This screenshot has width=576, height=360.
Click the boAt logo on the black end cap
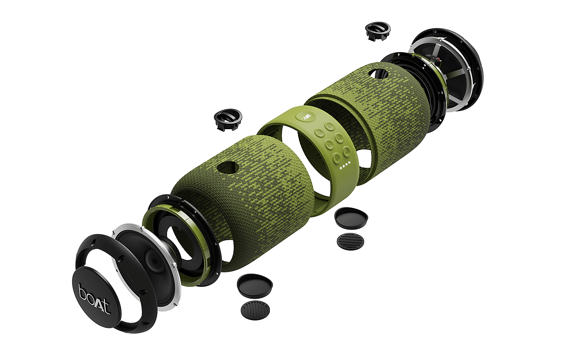(x=94, y=299)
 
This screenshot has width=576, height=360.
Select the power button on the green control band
(x=330, y=127)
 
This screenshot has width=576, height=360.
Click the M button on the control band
(x=339, y=138)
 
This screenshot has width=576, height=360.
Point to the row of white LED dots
(x=345, y=165)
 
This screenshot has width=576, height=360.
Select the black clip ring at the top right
(x=378, y=31)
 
